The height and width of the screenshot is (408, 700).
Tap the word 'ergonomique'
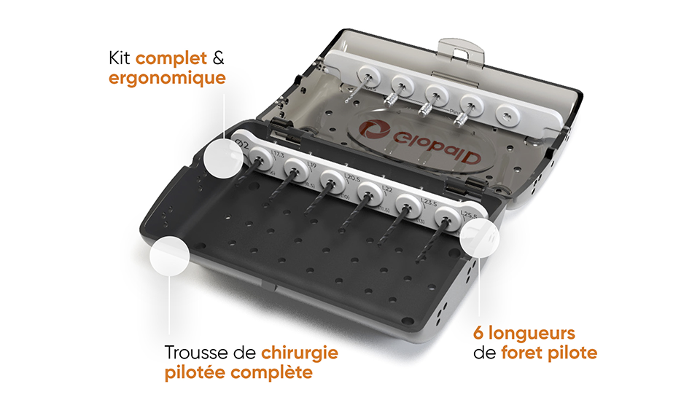[x=167, y=77]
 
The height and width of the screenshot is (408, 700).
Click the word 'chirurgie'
[x=302, y=353]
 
